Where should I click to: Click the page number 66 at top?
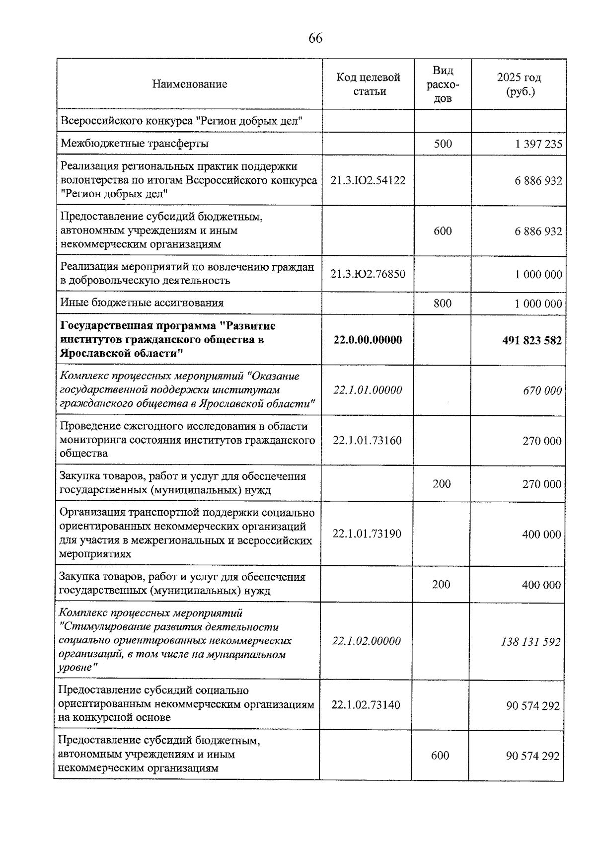click(315, 38)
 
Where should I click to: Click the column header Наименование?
click(190, 84)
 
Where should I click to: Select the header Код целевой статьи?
click(369, 84)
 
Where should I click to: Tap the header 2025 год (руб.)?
click(519, 84)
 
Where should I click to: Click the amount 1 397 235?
click(538, 144)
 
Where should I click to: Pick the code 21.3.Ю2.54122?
click(368, 180)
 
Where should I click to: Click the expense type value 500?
click(443, 144)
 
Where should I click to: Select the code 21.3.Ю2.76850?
click(368, 274)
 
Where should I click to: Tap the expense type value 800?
click(442, 303)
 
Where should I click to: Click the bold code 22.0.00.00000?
click(368, 340)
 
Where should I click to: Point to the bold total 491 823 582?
click(532, 340)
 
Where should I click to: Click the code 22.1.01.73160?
click(368, 441)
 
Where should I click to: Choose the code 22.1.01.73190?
click(367, 534)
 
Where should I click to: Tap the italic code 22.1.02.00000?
click(367, 641)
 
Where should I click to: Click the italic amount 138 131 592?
click(531, 642)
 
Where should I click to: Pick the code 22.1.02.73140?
click(366, 705)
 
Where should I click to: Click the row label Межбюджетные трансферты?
click(135, 144)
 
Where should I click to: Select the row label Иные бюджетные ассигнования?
click(142, 303)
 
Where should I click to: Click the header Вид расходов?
click(443, 84)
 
